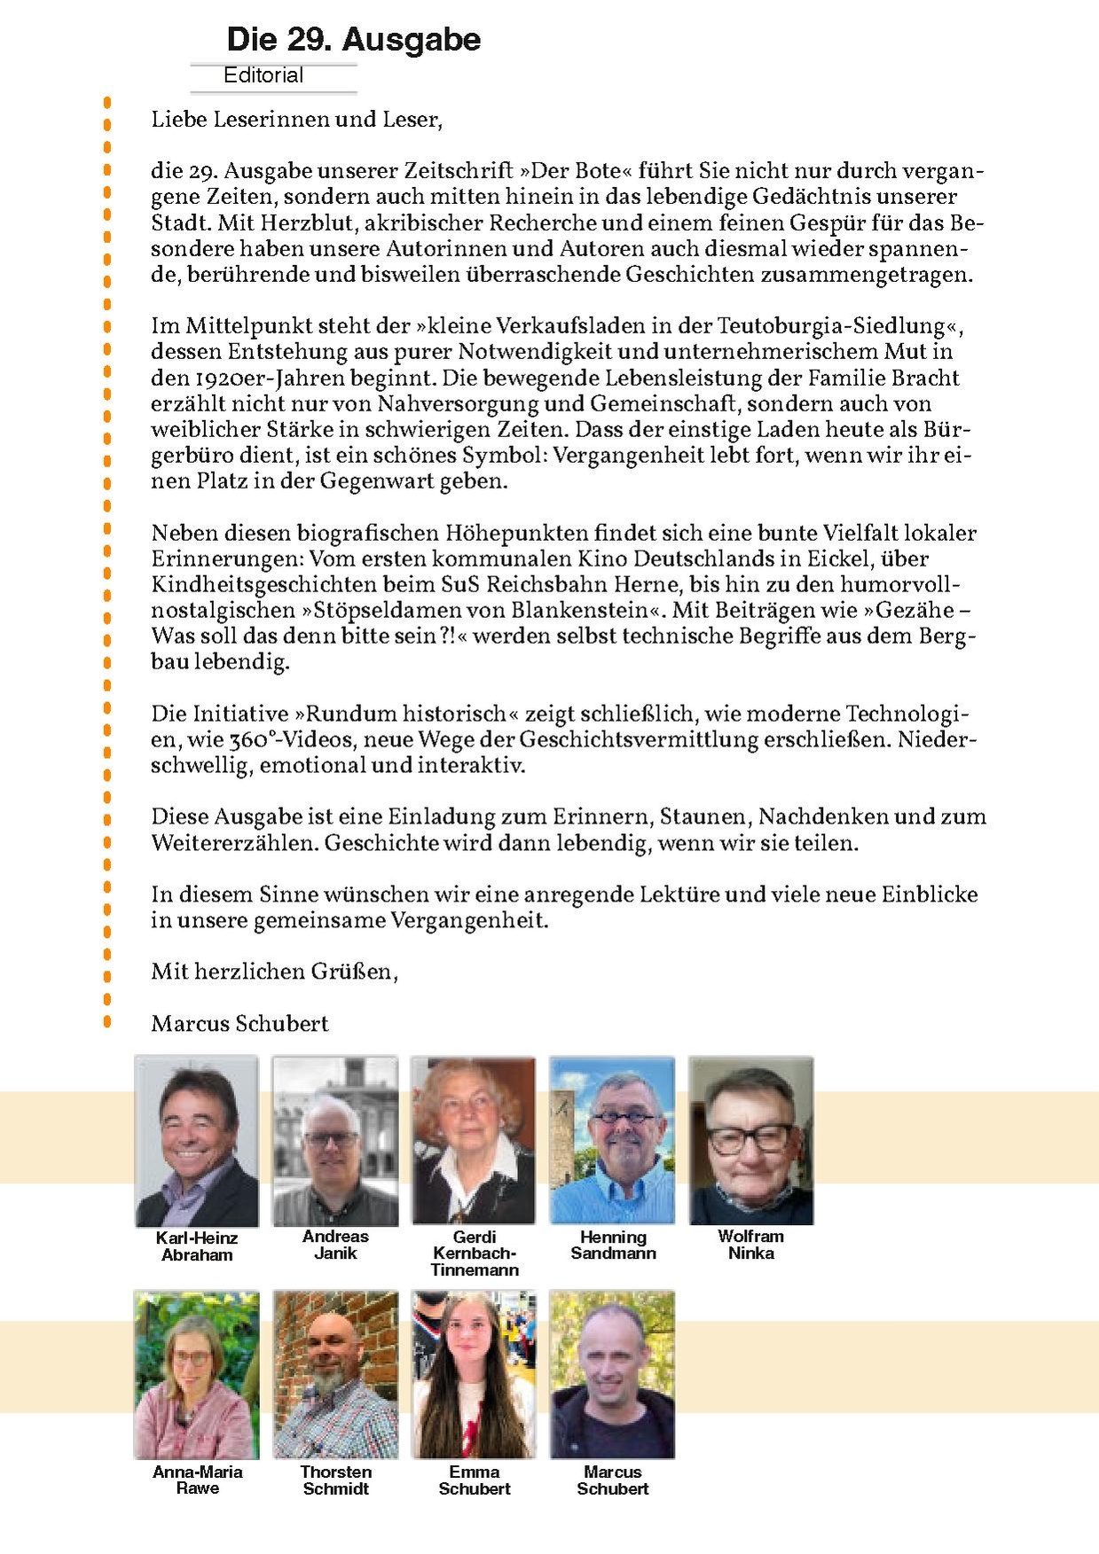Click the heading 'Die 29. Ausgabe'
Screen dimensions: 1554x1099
click(353, 40)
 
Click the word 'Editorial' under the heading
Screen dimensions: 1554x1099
click(263, 76)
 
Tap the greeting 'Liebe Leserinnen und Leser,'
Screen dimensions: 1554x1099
click(296, 119)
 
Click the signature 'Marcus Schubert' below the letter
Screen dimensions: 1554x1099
click(239, 1024)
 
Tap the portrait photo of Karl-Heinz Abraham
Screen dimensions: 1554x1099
click(196, 1141)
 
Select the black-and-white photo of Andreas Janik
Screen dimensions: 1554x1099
click(334, 1141)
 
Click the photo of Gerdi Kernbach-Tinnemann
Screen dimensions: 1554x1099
click(473, 1141)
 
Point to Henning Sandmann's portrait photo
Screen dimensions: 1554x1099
click(612, 1141)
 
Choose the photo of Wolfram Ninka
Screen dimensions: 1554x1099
click(750, 1141)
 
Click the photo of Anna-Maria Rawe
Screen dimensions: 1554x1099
click(196, 1375)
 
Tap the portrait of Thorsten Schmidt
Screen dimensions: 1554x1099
click(334, 1375)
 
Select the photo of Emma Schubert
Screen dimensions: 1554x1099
click(473, 1375)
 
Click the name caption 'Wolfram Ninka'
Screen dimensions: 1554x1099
click(750, 1245)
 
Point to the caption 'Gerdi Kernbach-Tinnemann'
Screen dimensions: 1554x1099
click(474, 1253)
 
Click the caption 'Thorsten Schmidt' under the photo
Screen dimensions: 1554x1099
click(335, 1480)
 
